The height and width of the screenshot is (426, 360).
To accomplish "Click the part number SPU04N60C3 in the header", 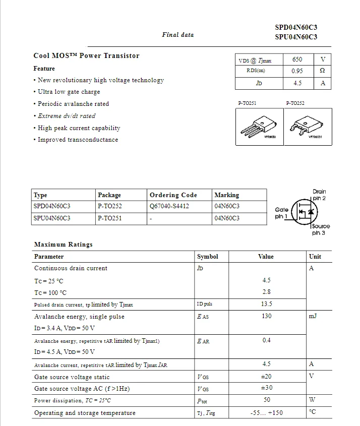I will pyautogui.click(x=296, y=37).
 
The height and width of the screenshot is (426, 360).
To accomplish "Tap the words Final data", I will pyautogui.click(x=177, y=35).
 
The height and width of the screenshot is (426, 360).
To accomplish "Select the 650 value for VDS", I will pyautogui.click(x=297, y=59).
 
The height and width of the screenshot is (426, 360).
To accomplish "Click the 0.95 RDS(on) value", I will pyautogui.click(x=297, y=71).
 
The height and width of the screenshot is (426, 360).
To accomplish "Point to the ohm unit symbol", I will pyautogui.click(x=323, y=71).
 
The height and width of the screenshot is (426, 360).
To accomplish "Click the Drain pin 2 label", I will pyautogui.click(x=319, y=195).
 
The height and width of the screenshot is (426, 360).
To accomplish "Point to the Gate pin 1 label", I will pyautogui.click(x=281, y=213).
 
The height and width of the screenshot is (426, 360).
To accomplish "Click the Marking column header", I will pyautogui.click(x=226, y=195).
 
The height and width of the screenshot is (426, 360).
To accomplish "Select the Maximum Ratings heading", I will pyautogui.click(x=64, y=245).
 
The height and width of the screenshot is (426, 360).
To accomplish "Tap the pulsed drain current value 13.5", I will pyautogui.click(x=266, y=304).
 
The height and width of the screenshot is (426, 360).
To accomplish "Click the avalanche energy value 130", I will pyautogui.click(x=266, y=316).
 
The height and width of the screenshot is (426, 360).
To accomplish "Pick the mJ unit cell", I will pyautogui.click(x=313, y=316).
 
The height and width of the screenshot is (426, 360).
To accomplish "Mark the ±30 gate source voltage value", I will pyautogui.click(x=266, y=388).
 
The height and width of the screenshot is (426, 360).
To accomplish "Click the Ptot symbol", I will pyautogui.click(x=202, y=401).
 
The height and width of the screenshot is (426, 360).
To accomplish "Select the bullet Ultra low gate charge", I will pyautogui.click(x=69, y=92).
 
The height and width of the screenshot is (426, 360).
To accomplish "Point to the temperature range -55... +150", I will pyautogui.click(x=266, y=413).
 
